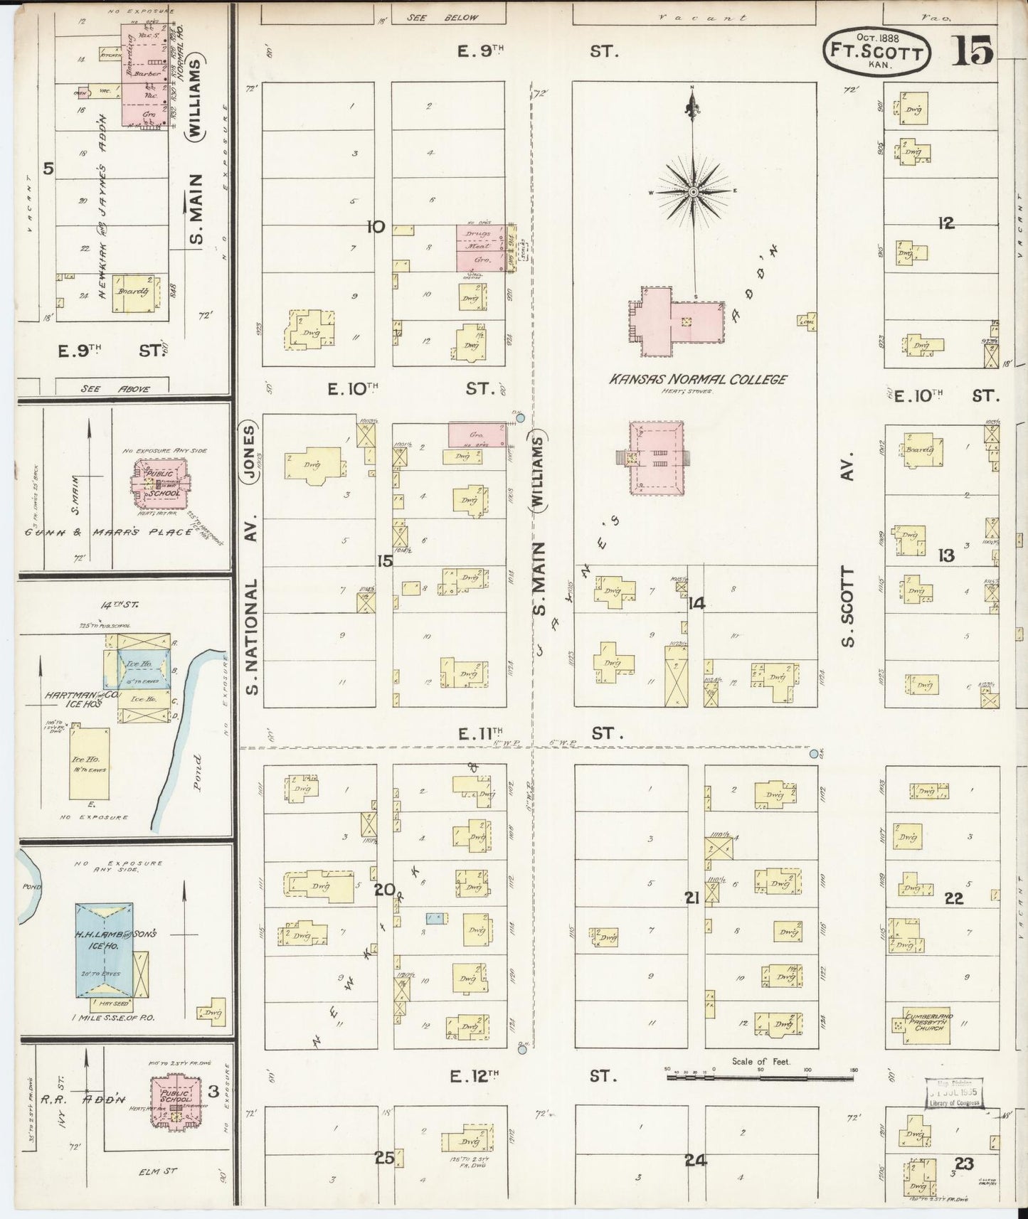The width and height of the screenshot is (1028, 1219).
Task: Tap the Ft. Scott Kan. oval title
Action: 876,52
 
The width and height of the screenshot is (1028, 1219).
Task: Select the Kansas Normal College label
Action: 697,379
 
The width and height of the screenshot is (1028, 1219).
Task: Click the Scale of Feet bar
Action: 761,1077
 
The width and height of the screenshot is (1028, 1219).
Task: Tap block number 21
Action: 691,898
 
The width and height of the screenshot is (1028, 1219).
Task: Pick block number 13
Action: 945,555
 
